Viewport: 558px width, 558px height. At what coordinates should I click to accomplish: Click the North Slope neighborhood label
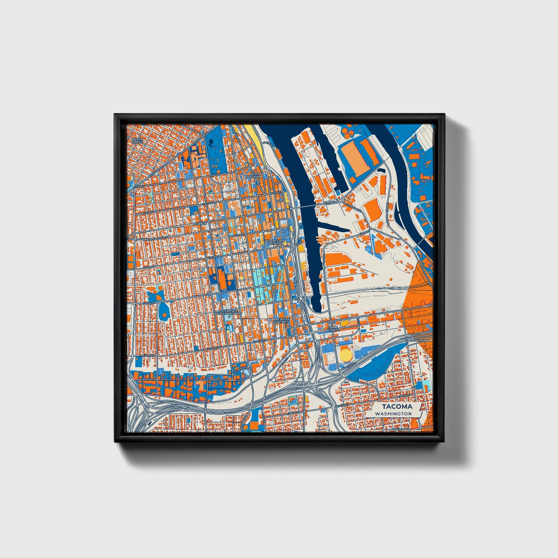click(x=137, y=141)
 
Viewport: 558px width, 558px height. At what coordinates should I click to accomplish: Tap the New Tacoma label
click(x=256, y=176)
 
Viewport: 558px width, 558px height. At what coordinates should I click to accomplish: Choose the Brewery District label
click(x=281, y=321)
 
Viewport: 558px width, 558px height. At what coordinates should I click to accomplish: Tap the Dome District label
click(x=332, y=329)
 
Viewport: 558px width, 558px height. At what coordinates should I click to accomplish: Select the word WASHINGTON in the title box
click(x=395, y=414)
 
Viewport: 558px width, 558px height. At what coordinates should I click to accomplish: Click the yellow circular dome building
click(x=346, y=354)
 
